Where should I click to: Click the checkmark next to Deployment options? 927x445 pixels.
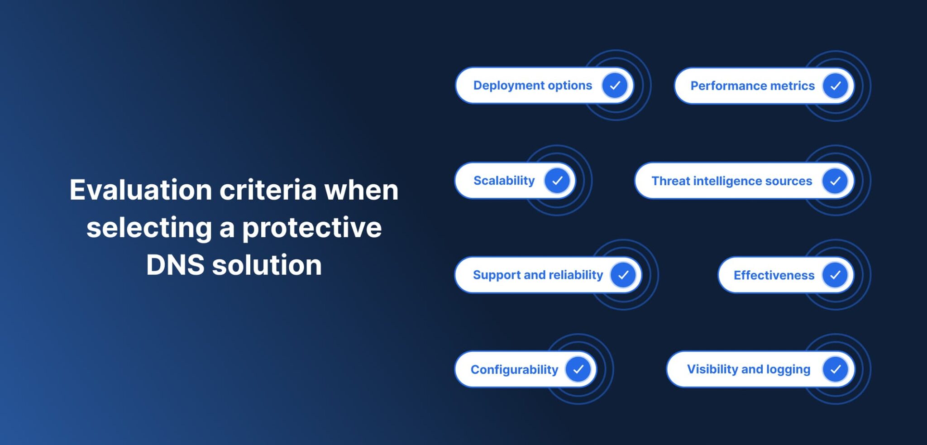click(x=615, y=86)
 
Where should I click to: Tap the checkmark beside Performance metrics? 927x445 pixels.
click(x=835, y=86)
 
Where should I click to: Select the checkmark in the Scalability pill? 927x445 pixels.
click(x=557, y=181)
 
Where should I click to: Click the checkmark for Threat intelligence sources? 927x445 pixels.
click(x=835, y=181)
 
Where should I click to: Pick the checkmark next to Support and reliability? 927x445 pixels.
click(x=623, y=275)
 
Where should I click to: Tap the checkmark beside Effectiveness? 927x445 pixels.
click(x=835, y=275)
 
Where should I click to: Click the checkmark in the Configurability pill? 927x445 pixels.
click(x=578, y=369)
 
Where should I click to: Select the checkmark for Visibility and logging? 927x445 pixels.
click(x=835, y=369)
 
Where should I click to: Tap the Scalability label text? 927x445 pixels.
click(x=504, y=181)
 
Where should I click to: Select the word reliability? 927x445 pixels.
click(x=576, y=275)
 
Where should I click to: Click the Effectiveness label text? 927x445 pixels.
click(x=774, y=275)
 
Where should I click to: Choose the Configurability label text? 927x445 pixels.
click(x=514, y=369)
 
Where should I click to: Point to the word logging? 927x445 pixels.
click(x=788, y=369)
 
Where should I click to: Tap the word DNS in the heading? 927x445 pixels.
click(x=175, y=265)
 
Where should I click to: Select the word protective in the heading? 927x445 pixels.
click(x=312, y=227)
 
